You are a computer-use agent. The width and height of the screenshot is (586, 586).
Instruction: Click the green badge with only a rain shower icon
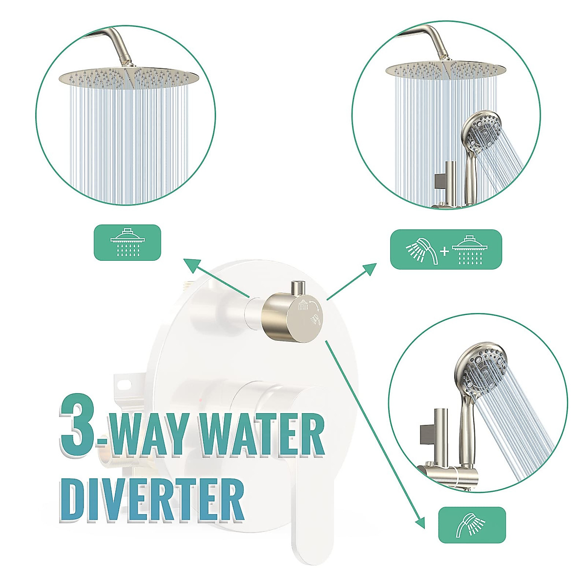coord(127,242)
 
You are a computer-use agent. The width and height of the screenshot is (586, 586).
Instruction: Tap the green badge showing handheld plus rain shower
coord(446,249)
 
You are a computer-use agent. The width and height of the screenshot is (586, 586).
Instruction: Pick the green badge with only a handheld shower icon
coord(472,525)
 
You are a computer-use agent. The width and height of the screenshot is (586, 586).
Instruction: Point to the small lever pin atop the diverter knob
coord(297,288)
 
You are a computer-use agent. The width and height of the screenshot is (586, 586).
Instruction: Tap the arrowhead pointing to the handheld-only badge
coord(419,523)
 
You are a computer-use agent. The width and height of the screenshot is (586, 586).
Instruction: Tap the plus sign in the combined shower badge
coord(444,251)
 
